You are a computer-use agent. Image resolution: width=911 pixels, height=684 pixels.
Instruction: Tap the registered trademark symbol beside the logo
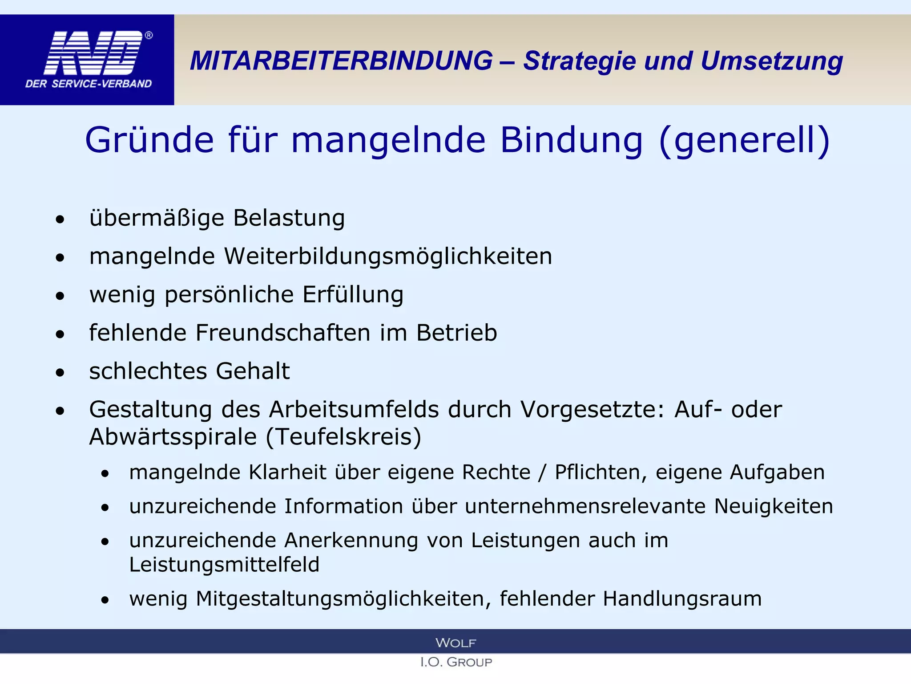click(149, 36)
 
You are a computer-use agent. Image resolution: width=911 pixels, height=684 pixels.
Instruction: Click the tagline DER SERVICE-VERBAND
click(89, 84)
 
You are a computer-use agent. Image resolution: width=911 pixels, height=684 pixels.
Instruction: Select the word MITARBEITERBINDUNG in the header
click(341, 61)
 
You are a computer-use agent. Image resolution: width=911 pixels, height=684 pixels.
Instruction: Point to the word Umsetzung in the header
click(771, 61)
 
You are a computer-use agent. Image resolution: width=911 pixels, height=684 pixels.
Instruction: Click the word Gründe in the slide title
click(149, 140)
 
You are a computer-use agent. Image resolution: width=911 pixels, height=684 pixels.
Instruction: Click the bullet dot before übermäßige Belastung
click(60, 219)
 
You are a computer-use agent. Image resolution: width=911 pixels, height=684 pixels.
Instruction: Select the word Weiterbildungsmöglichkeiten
click(388, 256)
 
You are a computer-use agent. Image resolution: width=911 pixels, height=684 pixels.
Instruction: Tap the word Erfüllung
click(353, 295)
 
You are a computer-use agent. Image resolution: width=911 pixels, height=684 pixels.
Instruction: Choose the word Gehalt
click(253, 371)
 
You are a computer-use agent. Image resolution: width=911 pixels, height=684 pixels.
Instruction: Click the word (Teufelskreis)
click(343, 437)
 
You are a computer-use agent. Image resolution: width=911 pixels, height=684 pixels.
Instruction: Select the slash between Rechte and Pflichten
click(541, 472)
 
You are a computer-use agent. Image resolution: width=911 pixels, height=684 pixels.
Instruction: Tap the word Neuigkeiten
click(774, 506)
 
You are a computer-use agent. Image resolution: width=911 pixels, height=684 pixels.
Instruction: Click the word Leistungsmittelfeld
click(224, 565)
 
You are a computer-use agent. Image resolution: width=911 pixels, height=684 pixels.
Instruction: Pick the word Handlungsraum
click(682, 598)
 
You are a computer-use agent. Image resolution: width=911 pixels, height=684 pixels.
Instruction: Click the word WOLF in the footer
click(455, 643)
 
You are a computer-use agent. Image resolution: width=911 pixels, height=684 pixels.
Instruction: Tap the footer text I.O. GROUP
click(455, 662)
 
